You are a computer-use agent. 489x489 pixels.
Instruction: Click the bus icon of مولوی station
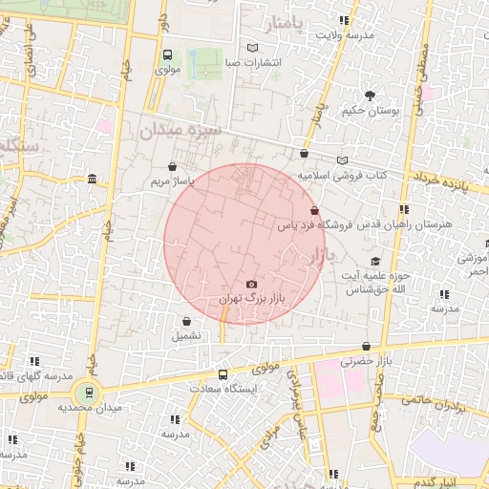(x=168, y=55)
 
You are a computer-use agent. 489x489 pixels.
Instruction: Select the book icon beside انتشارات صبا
(x=252, y=48)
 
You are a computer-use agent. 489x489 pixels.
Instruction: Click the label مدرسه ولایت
(x=344, y=35)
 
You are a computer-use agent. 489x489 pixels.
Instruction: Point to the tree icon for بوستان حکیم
(x=370, y=96)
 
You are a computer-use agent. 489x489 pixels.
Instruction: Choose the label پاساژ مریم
(x=176, y=180)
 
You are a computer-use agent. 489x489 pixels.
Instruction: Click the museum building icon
(x=92, y=179)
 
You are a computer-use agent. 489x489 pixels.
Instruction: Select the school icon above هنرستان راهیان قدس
(x=405, y=209)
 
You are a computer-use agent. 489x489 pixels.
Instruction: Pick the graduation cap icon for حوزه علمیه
(x=376, y=261)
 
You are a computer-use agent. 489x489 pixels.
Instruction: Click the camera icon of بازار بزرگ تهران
(x=251, y=284)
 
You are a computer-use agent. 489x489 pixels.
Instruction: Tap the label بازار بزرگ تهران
(x=253, y=299)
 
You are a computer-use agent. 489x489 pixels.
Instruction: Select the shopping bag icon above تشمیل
(x=185, y=322)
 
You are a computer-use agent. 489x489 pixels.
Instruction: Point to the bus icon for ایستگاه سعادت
(x=223, y=374)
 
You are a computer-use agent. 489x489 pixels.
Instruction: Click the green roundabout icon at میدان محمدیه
(x=88, y=391)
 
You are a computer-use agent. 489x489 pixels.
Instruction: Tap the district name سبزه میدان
(x=181, y=129)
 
